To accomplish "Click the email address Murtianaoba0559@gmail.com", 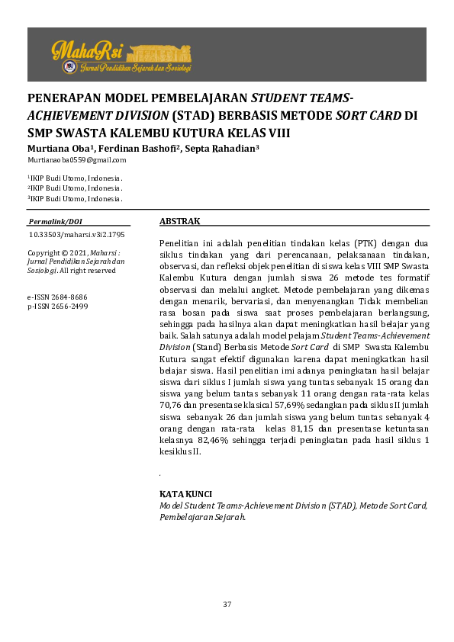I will pos(76,160).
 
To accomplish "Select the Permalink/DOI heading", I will pos(55,221).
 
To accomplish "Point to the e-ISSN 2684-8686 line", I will pos(57,296).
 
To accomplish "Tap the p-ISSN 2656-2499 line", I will pos(57,306).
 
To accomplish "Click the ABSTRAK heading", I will pos(179,221).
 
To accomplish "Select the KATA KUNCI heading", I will pos(185,494).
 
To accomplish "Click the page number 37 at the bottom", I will pos(227,605).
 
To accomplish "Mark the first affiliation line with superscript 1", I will pos(75,178).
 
